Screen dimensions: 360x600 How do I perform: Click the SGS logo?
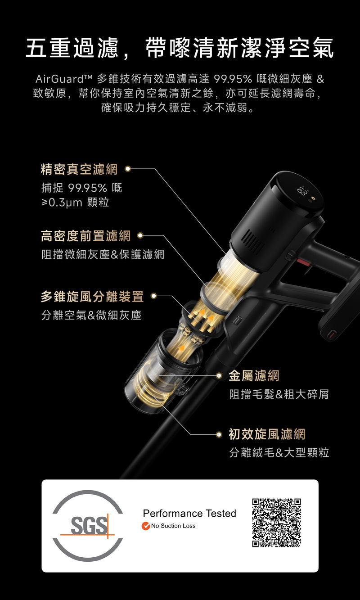tap(88, 526)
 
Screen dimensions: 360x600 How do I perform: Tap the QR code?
tap(276, 523)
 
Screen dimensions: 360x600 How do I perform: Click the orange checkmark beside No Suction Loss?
tap(145, 526)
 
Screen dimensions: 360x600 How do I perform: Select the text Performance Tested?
tap(189, 513)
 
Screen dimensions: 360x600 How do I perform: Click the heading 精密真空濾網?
tap(79, 169)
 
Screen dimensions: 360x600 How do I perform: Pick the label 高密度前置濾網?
tap(85, 236)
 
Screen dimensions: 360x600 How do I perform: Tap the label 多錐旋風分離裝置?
tap(92, 297)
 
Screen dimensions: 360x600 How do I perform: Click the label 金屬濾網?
tap(254, 375)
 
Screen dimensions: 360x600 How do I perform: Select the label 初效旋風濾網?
tap(267, 434)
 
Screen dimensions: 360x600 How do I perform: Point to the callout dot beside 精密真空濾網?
tap(128, 169)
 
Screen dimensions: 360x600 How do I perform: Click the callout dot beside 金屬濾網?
tap(219, 375)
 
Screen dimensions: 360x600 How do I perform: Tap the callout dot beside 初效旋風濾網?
tap(219, 434)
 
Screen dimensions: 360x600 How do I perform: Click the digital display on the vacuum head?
tap(302, 191)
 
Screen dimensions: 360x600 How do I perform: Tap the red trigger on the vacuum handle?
tap(304, 262)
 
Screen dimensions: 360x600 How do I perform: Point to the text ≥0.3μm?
tap(62, 202)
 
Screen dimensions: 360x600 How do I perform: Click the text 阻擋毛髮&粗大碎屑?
tap(279, 394)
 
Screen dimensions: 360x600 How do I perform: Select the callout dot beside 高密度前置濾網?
tap(140, 235)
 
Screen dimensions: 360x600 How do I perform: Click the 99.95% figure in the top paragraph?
tap(233, 79)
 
